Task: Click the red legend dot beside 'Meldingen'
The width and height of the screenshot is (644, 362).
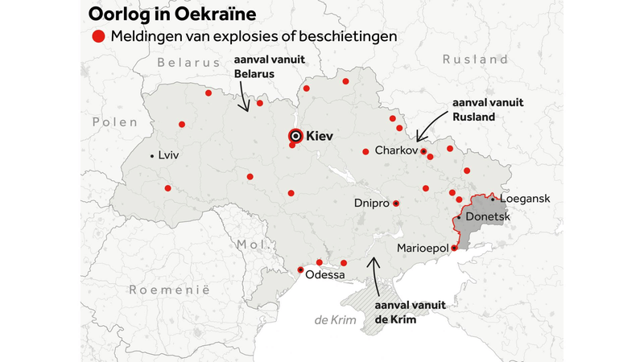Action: tap(98, 36)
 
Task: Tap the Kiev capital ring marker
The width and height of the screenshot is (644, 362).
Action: tap(295, 137)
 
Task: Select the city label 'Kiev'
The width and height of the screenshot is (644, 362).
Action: tap(320, 137)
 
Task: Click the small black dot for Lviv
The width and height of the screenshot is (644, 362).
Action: tap(153, 155)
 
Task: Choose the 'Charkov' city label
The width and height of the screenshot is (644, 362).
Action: tap(394, 150)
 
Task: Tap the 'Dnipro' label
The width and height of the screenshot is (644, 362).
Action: tap(371, 204)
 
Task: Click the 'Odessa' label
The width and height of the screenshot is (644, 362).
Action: tap(324, 275)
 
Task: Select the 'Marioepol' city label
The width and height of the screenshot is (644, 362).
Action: tap(422, 249)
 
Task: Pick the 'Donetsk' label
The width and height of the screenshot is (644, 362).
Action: tap(487, 217)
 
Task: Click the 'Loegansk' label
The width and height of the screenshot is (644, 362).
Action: tap(526, 198)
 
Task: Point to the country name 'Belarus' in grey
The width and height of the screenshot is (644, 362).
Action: tap(188, 63)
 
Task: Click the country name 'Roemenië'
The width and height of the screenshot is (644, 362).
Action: tap(170, 289)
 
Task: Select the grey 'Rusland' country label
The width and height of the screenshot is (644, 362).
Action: tap(475, 60)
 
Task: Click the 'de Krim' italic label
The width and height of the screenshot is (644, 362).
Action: tap(333, 320)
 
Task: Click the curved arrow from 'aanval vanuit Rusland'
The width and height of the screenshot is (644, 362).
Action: tap(428, 125)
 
